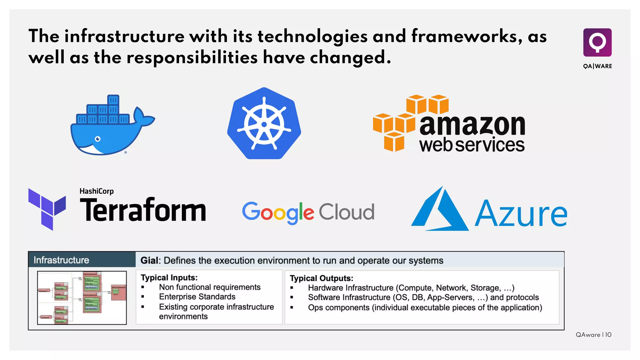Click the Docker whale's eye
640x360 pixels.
point(98,139)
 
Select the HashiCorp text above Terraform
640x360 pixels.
point(97,191)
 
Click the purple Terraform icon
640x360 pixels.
point(47,209)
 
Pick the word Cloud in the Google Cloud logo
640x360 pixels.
point(346,212)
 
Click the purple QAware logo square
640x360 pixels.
point(597,42)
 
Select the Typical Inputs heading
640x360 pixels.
point(169,277)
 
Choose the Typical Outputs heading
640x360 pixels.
point(321,278)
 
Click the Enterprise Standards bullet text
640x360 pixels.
point(197,297)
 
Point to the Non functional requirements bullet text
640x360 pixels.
point(210,287)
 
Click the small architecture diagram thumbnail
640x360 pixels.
point(82,297)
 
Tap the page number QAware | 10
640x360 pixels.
point(593,335)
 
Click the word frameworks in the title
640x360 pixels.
point(467,36)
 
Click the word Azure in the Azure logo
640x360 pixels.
point(521,214)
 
